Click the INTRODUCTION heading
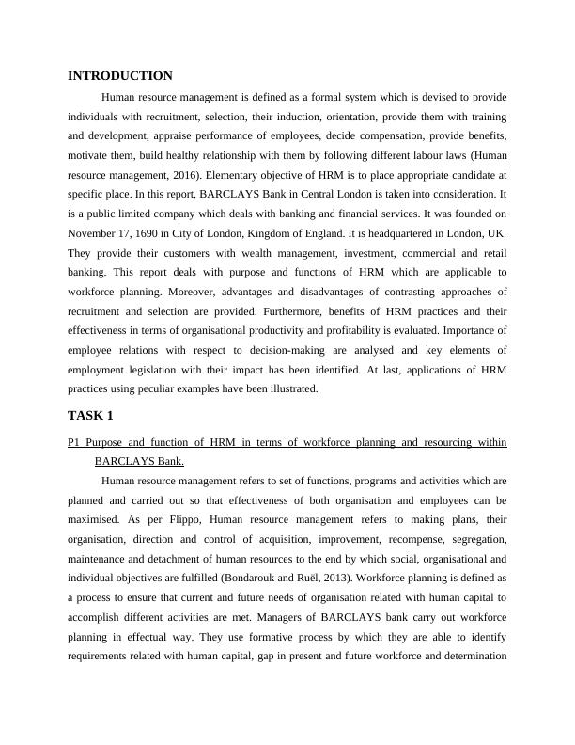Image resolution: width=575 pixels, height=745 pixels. tap(120, 76)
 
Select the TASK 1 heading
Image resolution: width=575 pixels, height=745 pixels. tap(92, 415)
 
